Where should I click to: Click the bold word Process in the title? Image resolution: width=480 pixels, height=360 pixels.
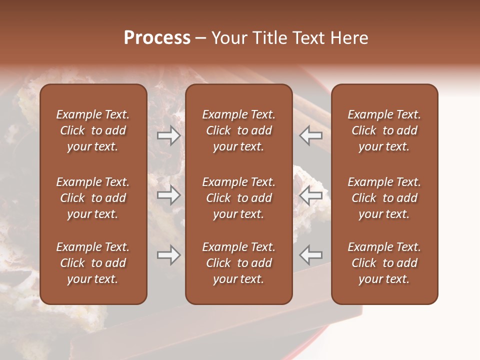(157, 38)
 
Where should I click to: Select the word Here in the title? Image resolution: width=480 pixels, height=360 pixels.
(349, 38)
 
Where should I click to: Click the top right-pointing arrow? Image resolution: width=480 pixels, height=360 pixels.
(168, 135)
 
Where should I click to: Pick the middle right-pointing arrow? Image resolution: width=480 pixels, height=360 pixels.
(168, 195)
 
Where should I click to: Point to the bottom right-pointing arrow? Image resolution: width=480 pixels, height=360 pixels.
(168, 255)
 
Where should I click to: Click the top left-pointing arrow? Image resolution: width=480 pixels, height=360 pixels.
(311, 135)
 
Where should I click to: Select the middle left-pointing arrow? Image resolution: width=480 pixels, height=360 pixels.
(311, 195)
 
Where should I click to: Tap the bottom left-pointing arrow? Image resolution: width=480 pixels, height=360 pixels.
(311, 255)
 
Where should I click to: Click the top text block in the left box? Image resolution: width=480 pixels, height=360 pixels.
(93, 130)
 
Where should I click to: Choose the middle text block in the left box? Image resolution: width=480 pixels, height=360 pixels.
(93, 198)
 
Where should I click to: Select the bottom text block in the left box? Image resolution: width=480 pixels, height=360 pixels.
(93, 263)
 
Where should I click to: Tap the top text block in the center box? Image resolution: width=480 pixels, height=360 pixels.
(238, 130)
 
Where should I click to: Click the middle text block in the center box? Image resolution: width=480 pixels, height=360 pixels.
(238, 198)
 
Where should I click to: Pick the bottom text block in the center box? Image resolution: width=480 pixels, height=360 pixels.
(238, 263)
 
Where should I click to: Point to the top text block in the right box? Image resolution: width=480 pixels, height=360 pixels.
(384, 130)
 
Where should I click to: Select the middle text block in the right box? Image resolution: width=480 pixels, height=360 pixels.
(384, 198)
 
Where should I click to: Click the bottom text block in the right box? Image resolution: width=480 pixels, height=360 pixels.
(384, 263)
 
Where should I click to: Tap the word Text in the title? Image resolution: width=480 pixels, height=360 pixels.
(310, 38)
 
